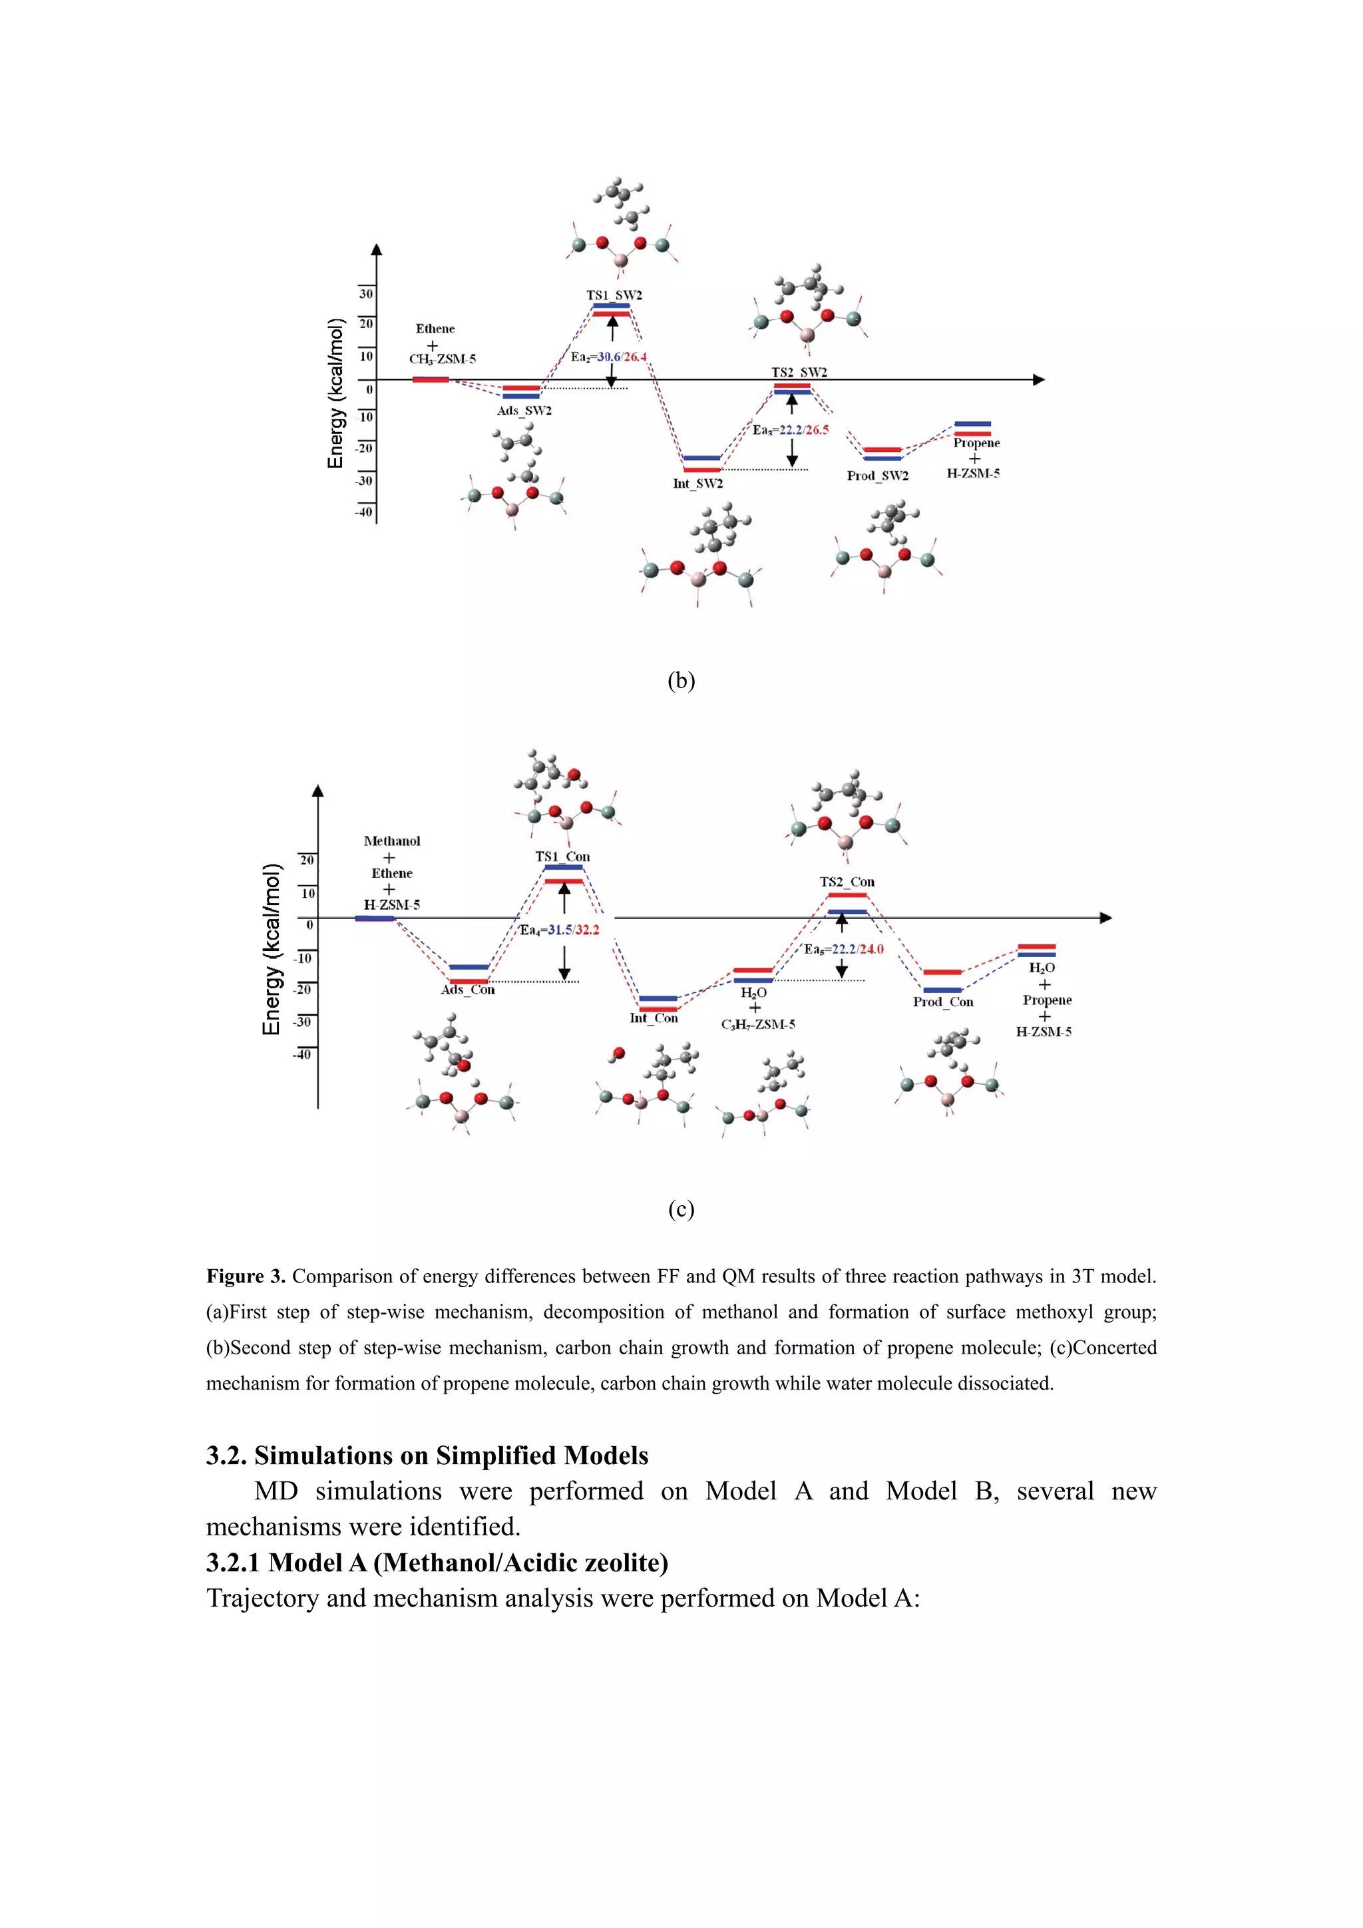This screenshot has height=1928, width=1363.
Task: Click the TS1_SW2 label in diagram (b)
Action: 614,295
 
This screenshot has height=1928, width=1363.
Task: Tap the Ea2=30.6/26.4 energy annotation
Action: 609,357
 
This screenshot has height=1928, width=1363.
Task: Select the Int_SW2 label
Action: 697,484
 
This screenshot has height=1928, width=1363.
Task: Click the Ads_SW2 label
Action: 524,411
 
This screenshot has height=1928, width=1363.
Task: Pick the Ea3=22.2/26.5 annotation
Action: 790,430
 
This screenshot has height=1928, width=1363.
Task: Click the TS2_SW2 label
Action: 799,372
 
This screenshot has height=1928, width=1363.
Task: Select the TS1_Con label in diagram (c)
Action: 562,857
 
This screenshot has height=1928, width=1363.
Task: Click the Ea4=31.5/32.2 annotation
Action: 559,930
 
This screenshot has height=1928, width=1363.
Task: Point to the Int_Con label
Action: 654,1018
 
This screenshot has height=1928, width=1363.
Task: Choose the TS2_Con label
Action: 847,882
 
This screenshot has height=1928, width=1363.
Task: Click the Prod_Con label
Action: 943,1002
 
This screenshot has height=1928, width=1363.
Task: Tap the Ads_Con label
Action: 468,989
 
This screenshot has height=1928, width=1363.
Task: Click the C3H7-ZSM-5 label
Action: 757,1024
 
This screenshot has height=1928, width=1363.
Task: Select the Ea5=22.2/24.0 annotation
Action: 843,949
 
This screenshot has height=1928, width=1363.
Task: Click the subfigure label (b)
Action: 681,680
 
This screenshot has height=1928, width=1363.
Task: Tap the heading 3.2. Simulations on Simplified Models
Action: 427,1455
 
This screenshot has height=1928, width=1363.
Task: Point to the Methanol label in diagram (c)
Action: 391,841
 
